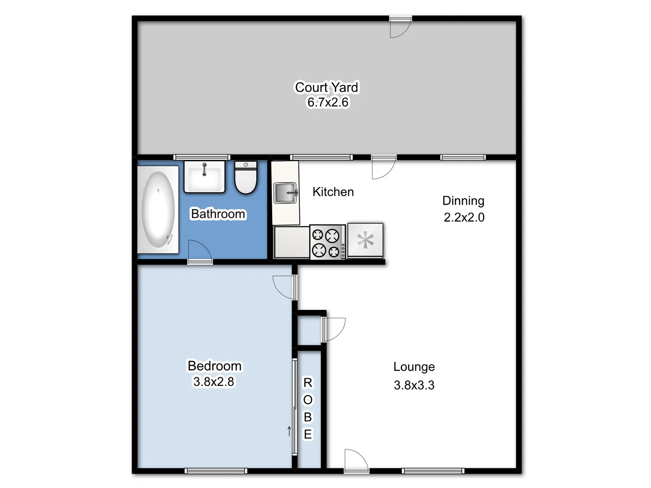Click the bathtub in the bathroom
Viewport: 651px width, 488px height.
[158, 210]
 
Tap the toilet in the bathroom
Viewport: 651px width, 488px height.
[246, 178]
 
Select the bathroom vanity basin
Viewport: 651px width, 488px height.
[204, 177]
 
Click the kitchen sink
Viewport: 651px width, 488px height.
[285, 193]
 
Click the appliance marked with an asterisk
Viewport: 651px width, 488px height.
[365, 240]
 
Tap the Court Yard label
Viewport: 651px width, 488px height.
[326, 87]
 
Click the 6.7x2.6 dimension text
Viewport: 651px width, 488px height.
[328, 103]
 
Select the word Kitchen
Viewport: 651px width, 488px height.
[333, 192]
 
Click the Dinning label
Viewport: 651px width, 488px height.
[463, 201]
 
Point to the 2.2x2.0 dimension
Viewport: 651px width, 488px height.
[464, 217]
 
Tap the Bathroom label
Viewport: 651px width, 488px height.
[218, 214]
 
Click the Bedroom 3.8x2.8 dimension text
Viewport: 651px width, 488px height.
[214, 382]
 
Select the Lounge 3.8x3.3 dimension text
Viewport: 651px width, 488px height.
[414, 385]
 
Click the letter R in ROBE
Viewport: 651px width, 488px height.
[307, 383]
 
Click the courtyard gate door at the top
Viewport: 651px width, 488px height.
[400, 27]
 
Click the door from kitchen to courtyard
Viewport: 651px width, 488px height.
[383, 167]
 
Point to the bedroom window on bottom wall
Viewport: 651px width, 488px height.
[216, 471]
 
